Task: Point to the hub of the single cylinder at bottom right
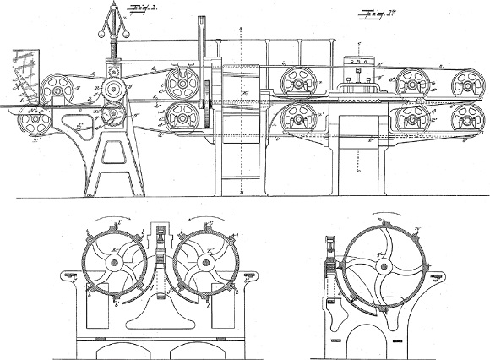point(385,267)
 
